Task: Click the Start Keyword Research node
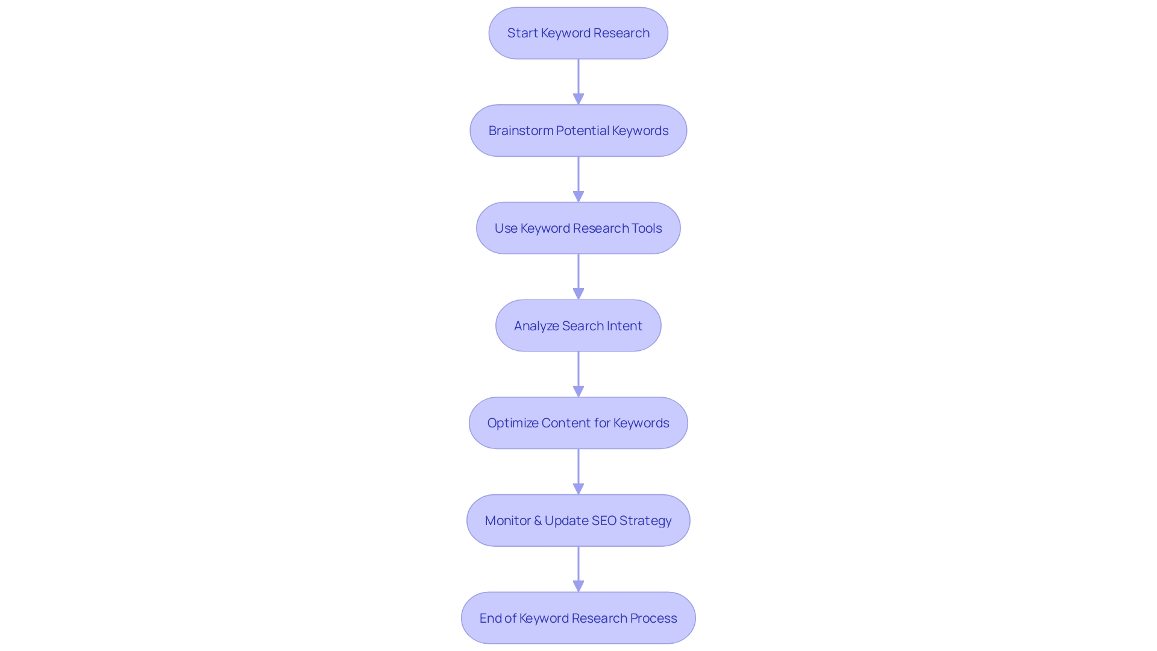[578, 33]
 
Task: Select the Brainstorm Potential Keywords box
[578, 131]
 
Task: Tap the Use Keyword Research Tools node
[578, 228]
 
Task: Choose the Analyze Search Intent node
[578, 326]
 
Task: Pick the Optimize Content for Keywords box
[578, 423]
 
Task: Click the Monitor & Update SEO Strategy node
[578, 521]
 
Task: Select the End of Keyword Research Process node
[578, 618]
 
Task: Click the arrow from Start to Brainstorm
[578, 81]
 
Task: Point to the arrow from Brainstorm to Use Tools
[578, 179]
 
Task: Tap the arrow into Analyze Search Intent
[578, 277]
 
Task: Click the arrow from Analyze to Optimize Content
[578, 374]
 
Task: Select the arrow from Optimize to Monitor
[578, 471]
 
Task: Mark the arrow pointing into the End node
[578, 569]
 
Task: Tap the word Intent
[624, 326]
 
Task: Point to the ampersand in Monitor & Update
[538, 521]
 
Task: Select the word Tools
[647, 228]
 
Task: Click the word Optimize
[513, 423]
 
